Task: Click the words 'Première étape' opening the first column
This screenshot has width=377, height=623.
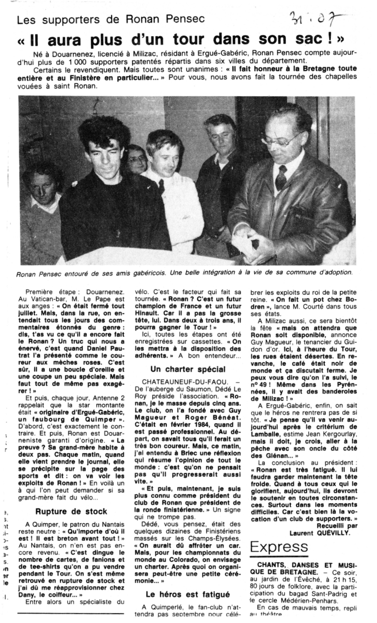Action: (x=48, y=291)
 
